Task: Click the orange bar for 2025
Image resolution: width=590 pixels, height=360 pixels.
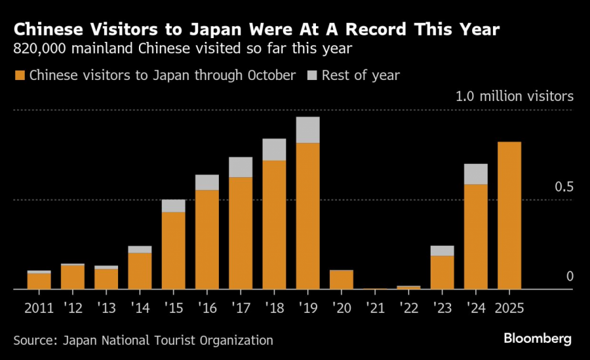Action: click(x=509, y=215)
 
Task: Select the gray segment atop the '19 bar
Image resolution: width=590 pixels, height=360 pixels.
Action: click(x=307, y=130)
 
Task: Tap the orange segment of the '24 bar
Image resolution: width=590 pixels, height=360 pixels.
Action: click(x=476, y=236)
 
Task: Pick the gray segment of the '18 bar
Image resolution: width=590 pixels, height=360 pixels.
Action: click(x=274, y=150)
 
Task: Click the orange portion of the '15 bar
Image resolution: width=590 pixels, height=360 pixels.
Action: click(x=173, y=250)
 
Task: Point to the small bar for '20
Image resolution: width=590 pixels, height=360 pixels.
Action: click(x=341, y=279)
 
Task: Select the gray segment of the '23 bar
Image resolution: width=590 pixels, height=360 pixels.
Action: click(x=442, y=250)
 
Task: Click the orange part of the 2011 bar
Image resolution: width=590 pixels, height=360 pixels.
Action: click(x=39, y=281)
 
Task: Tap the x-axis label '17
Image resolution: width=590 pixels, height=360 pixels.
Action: click(x=240, y=306)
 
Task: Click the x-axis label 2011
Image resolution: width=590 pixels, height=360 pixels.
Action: click(x=39, y=306)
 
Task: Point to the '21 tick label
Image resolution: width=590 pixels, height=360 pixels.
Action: click(x=374, y=306)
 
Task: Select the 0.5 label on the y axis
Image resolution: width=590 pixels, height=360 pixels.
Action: click(x=564, y=188)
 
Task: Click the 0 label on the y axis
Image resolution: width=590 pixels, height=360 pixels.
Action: click(x=570, y=277)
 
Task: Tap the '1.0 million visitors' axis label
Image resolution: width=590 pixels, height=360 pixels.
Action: click(x=515, y=96)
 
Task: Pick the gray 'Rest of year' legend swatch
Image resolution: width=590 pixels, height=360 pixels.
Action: click(x=313, y=75)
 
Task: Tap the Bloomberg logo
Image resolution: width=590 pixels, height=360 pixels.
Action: click(x=538, y=338)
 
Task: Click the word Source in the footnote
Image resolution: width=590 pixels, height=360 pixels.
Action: click(x=33, y=340)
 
